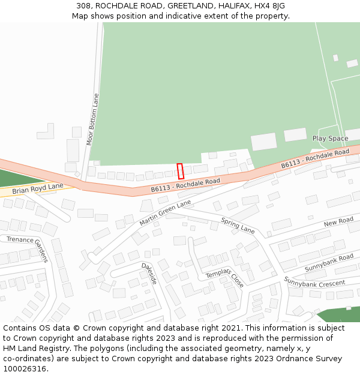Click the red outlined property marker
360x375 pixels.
point(180,171)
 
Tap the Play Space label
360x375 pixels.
point(330,139)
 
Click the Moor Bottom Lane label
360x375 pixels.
point(92,119)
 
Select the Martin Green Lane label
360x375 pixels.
point(165,213)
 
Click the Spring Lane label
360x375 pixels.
point(238,226)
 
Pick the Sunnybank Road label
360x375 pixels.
point(329,262)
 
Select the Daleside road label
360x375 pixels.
point(149,274)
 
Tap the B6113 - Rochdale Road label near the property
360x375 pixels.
point(185,184)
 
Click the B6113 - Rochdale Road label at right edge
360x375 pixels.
point(315,158)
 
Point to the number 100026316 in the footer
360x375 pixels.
point(25,369)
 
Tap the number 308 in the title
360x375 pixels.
point(83,6)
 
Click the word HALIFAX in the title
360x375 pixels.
point(236,6)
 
